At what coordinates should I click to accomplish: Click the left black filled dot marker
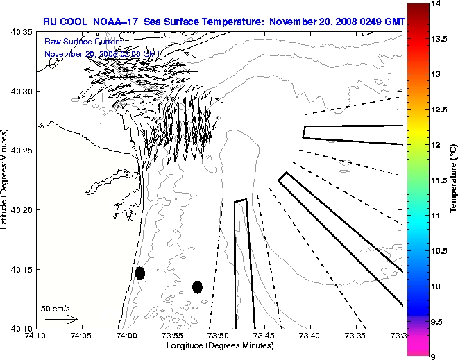(x=139, y=273)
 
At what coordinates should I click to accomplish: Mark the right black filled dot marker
(x=197, y=286)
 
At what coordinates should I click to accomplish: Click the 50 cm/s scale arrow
(x=61, y=320)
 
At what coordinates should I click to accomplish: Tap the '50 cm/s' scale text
(x=56, y=308)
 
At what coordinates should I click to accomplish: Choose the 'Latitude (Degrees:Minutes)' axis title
(x=6, y=180)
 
